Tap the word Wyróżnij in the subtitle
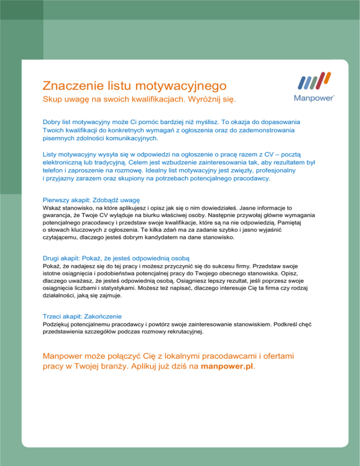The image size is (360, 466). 209,101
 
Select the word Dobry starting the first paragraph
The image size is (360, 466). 52,121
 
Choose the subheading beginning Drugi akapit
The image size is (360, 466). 116,258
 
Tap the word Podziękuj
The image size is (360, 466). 58,324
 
